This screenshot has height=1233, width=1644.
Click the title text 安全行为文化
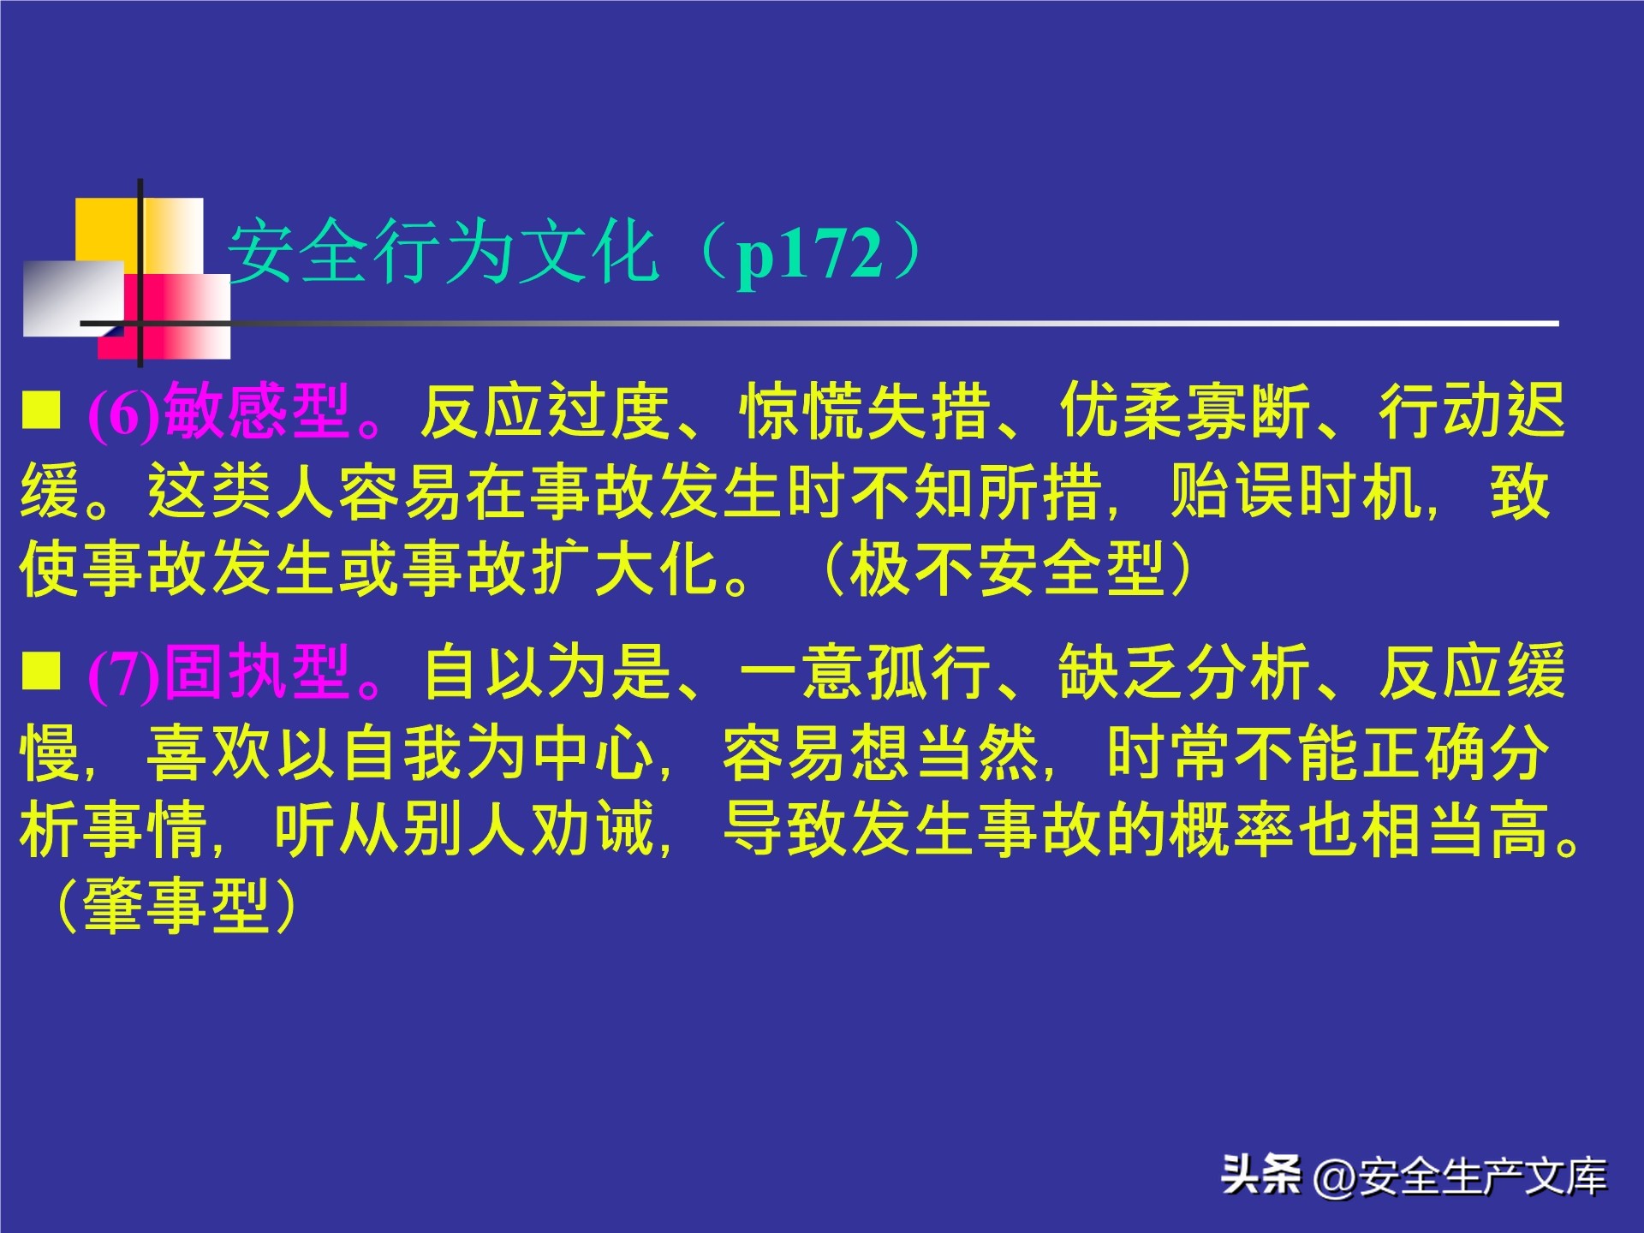(443, 252)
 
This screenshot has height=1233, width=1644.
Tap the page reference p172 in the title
(809, 253)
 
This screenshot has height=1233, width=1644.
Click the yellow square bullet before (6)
(41, 409)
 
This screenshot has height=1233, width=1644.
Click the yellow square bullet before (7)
(41, 670)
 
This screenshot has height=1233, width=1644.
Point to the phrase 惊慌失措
(865, 413)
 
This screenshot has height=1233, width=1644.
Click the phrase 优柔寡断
(1185, 413)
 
